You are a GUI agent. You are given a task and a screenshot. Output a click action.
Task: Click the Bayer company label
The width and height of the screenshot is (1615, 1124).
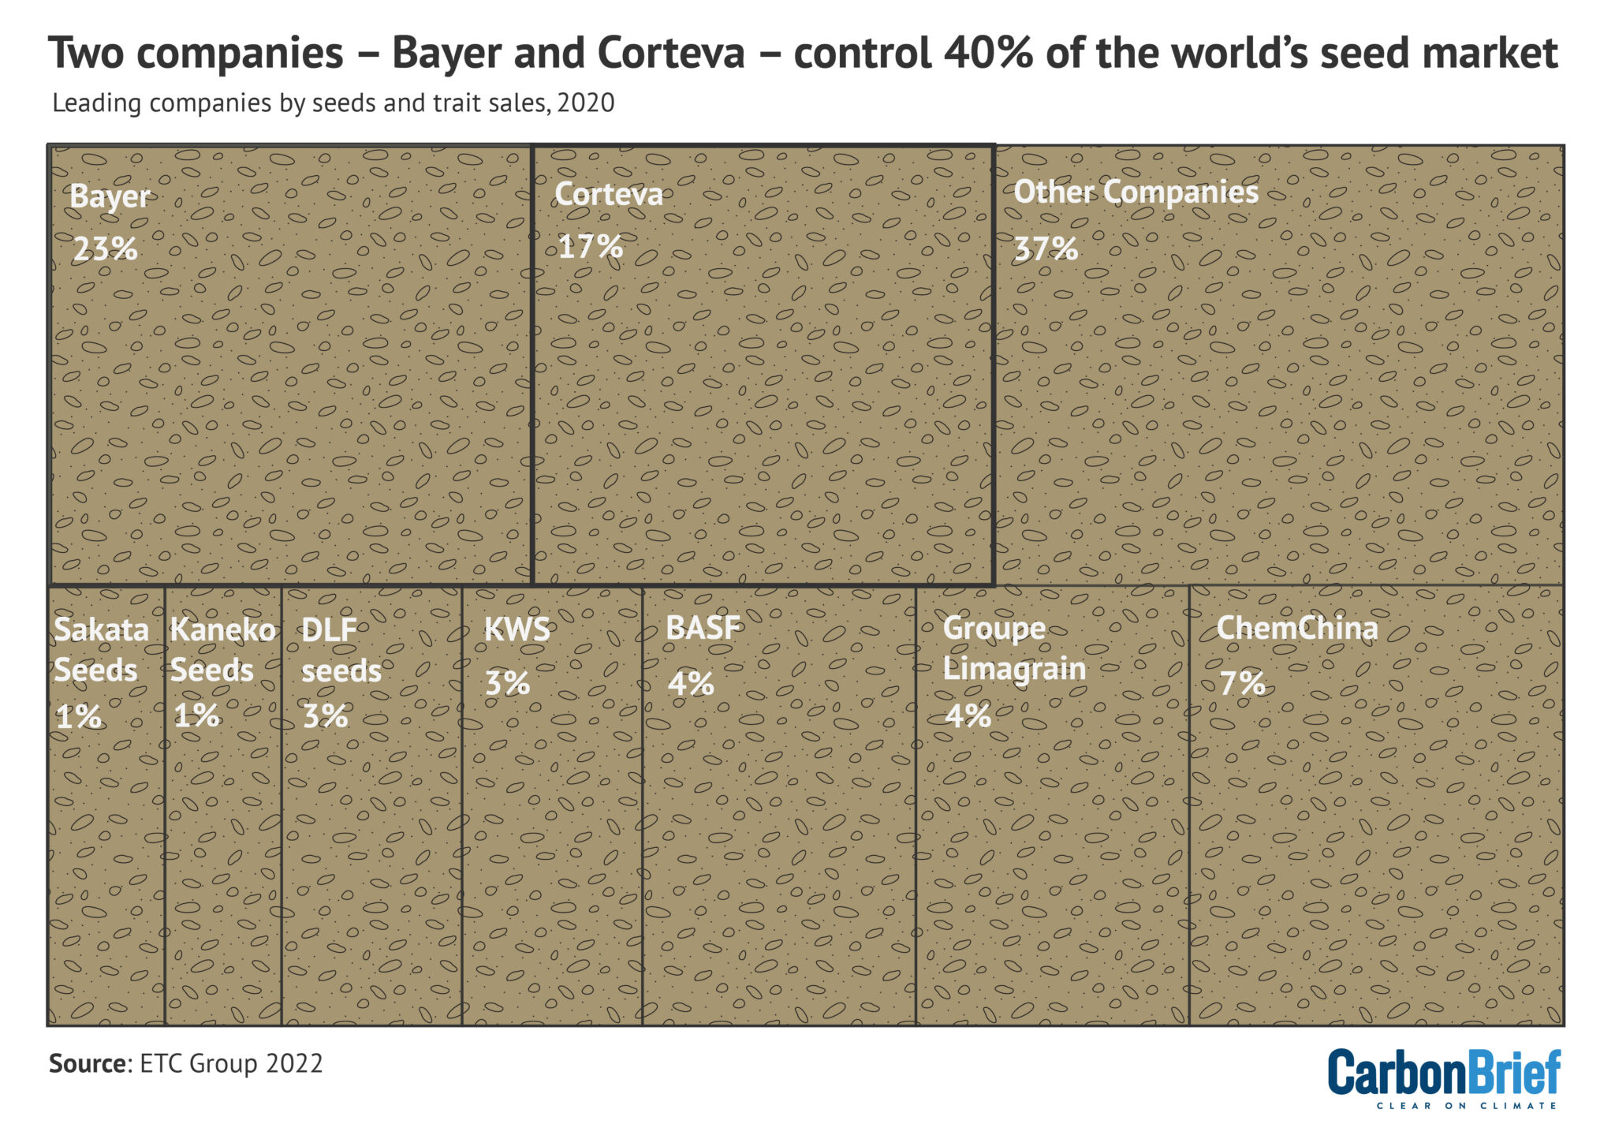[110, 196]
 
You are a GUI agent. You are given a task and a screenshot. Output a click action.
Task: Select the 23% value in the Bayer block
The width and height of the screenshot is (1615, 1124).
[105, 249]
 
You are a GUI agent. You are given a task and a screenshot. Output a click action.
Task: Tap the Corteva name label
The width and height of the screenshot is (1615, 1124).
[609, 195]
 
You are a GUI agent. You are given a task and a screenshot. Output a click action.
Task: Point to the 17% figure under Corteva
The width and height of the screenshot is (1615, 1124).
[591, 247]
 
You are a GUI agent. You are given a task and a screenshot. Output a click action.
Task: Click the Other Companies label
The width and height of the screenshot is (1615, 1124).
[1136, 192]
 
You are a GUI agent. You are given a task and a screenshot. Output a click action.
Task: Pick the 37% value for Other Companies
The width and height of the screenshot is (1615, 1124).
[1046, 249]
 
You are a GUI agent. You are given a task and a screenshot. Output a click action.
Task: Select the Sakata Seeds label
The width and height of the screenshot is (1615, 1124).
[100, 650]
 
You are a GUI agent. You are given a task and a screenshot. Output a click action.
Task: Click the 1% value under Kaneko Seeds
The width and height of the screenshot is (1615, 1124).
[196, 716]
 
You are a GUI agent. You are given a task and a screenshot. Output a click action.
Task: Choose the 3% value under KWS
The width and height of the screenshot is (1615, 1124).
[507, 683]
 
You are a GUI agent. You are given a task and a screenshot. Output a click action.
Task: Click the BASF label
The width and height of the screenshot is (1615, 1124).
[703, 628]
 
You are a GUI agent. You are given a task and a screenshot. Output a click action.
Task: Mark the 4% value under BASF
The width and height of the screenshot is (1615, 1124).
[691, 683]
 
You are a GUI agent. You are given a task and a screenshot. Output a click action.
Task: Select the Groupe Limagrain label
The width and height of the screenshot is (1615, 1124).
[1014, 648]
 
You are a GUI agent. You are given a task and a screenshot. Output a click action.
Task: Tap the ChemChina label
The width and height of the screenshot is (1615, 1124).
[1297, 629]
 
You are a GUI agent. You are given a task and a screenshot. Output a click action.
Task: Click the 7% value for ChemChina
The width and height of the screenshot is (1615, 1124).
[1242, 683]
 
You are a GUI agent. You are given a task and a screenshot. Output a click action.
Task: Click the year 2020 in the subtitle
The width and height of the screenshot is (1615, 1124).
[586, 103]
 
